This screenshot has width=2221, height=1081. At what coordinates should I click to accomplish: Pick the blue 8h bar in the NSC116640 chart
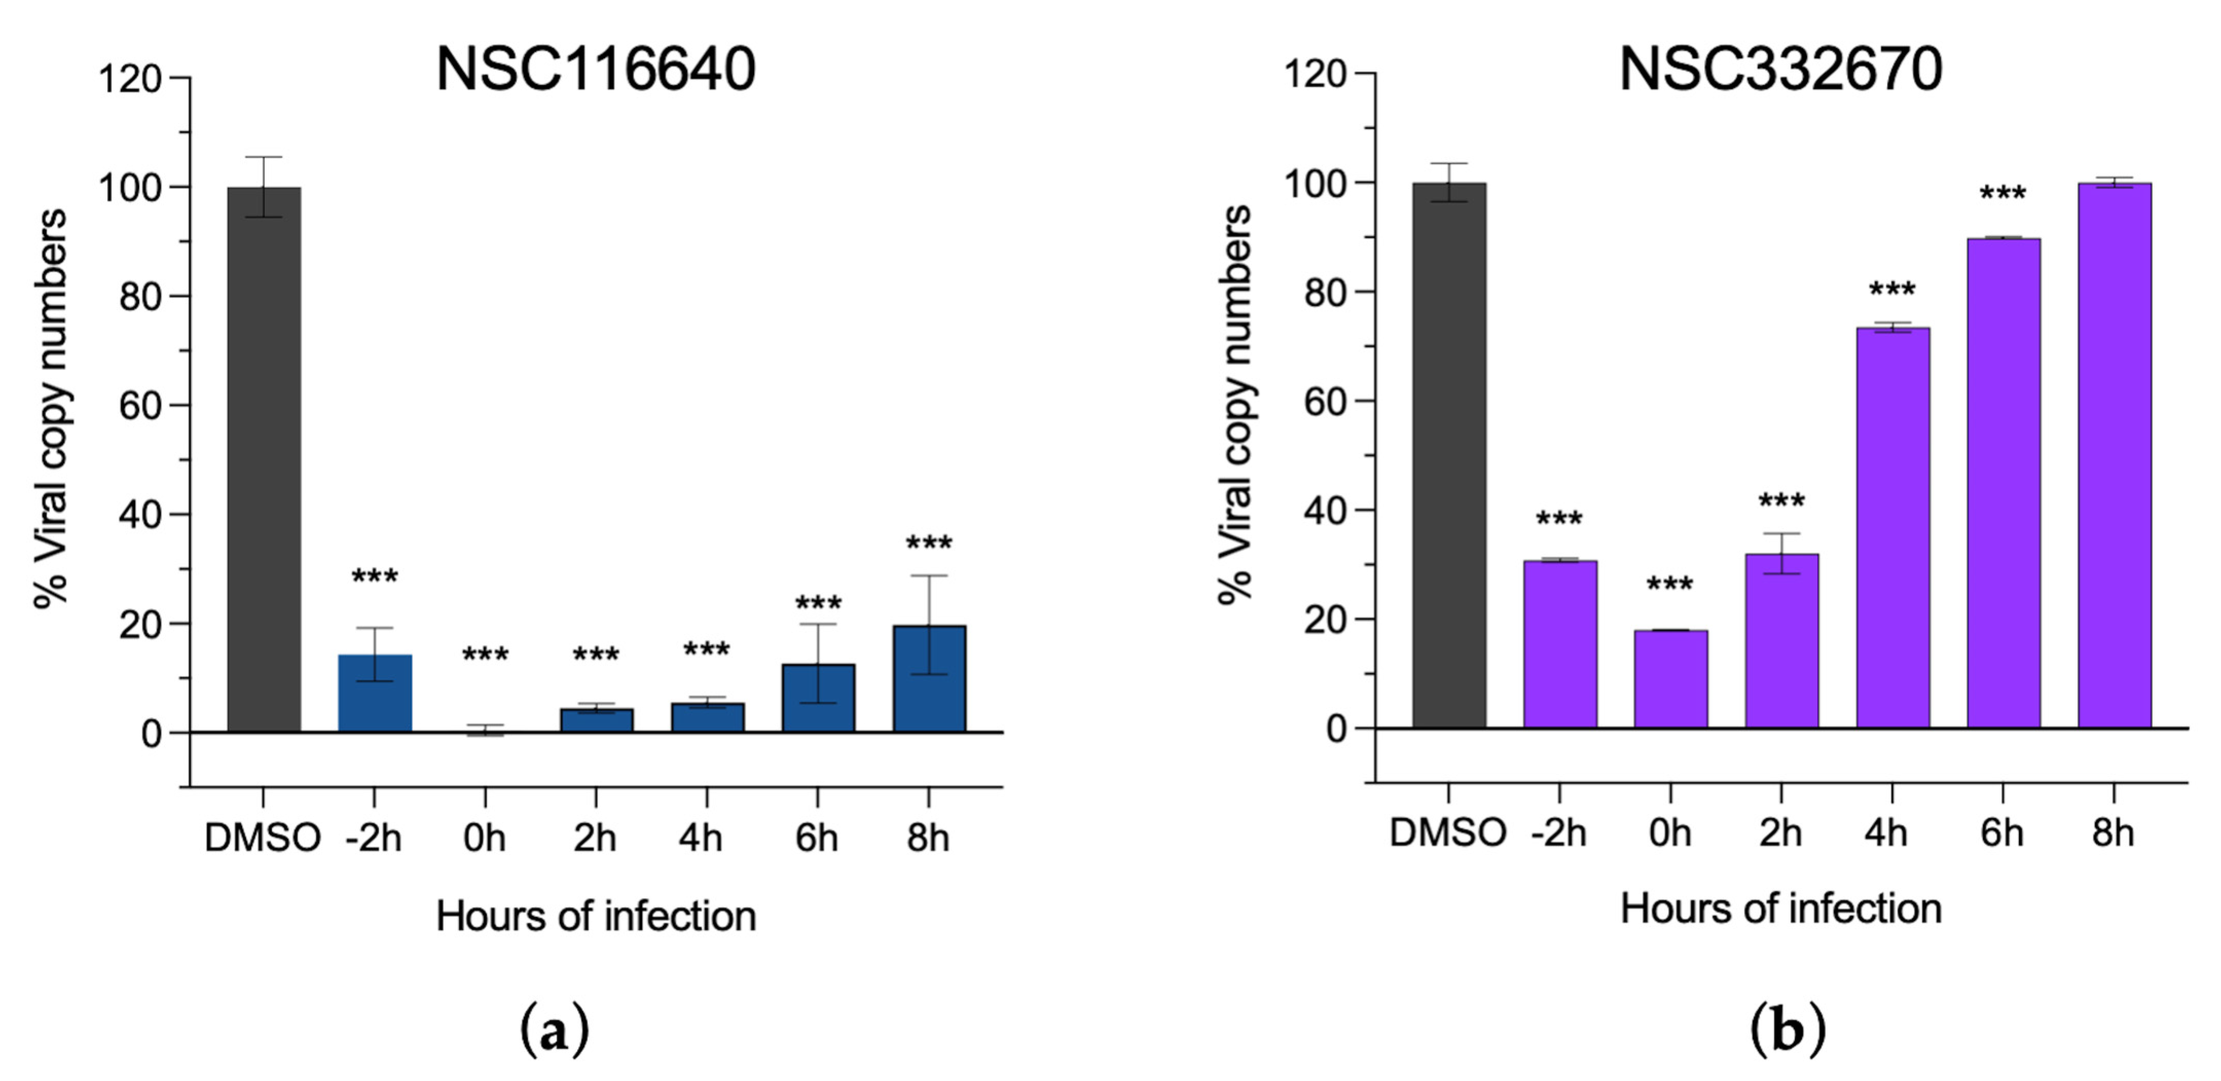[929, 680]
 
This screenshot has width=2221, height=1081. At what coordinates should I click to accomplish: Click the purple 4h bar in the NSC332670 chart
[1893, 527]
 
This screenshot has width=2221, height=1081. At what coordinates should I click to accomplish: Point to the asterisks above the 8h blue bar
[929, 544]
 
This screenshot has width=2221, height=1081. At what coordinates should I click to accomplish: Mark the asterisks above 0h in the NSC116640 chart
[485, 655]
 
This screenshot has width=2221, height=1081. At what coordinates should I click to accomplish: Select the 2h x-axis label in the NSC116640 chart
[595, 837]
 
